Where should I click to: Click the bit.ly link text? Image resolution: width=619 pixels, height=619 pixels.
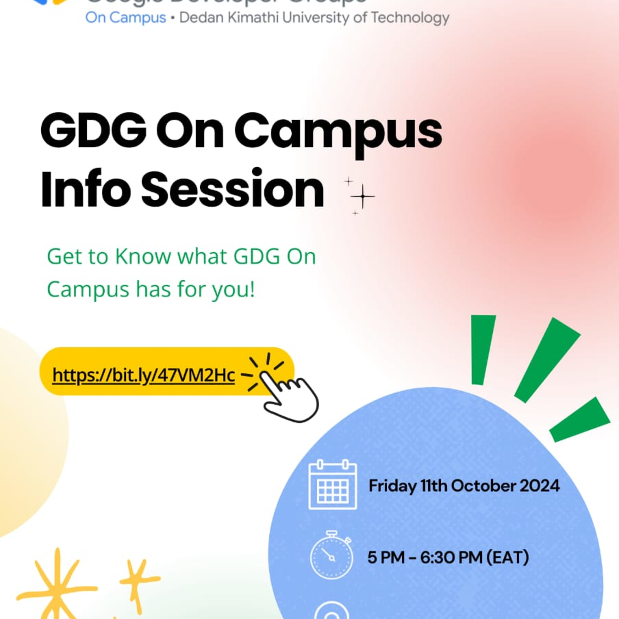pos(144,375)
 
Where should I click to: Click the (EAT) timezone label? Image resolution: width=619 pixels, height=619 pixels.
pos(508,557)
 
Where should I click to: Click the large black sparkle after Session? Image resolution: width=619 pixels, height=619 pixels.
pos(362,196)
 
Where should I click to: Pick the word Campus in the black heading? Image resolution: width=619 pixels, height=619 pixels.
pos(338,131)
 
